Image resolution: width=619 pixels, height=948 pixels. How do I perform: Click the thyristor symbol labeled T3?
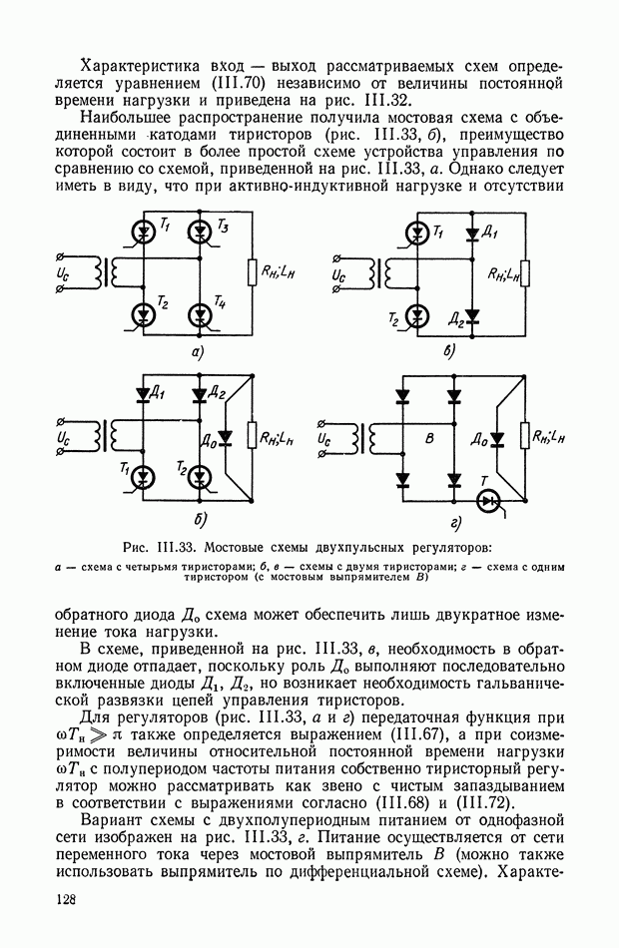(203, 232)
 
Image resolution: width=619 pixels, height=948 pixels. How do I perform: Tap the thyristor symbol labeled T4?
(203, 316)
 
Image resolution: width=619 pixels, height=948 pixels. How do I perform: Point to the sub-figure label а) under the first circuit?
(198, 352)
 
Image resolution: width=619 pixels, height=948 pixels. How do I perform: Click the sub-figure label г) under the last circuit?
(454, 521)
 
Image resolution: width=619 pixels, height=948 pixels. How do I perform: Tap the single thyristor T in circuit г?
(487, 500)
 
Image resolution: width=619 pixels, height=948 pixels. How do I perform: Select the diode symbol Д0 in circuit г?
(496, 437)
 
